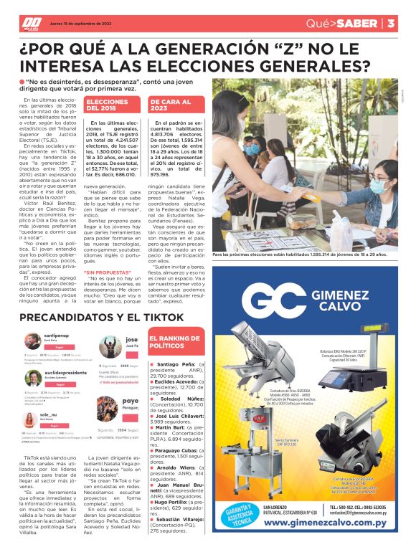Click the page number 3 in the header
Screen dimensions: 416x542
pos(392,23)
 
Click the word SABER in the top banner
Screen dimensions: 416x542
pos(356,23)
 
